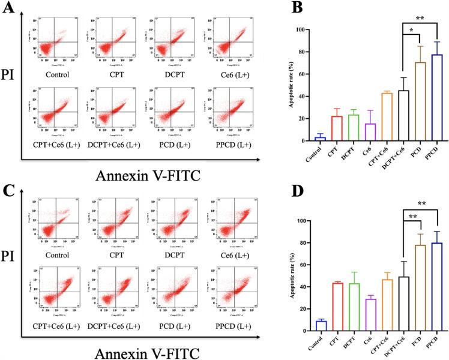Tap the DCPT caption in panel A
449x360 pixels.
169,74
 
